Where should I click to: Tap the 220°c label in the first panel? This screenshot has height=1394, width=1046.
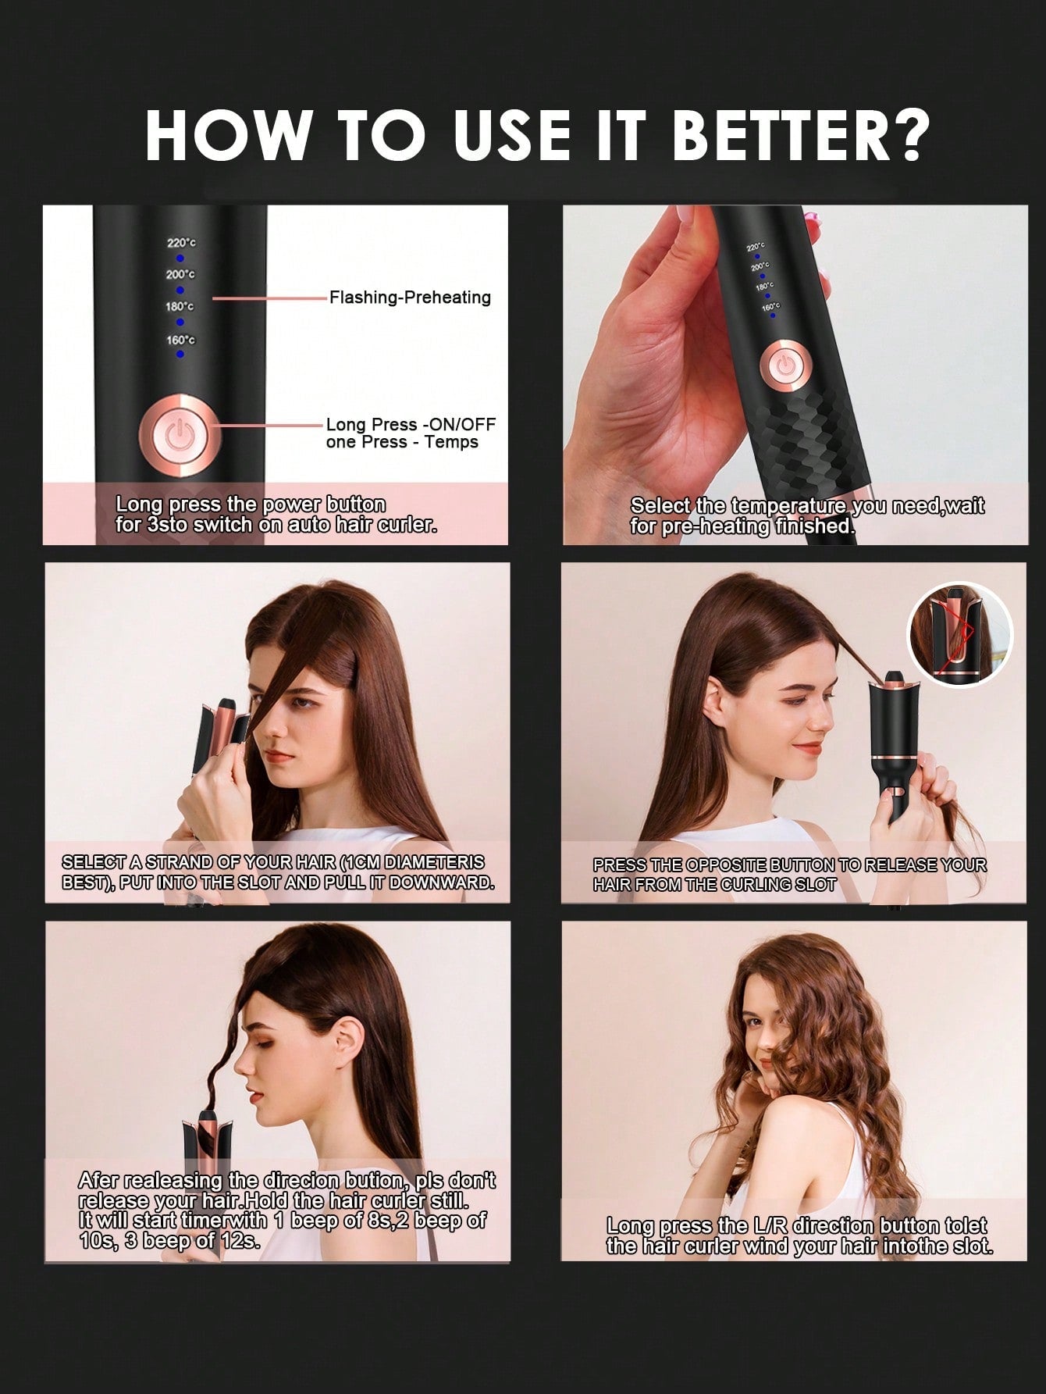click(x=181, y=243)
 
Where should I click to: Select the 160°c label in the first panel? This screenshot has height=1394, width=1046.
click(x=180, y=340)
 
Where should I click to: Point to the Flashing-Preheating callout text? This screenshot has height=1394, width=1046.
click(x=410, y=298)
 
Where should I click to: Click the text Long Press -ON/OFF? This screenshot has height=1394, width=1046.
click(x=411, y=425)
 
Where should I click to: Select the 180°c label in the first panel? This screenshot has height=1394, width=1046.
click(x=180, y=307)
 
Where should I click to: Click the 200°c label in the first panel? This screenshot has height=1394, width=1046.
click(x=180, y=275)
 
